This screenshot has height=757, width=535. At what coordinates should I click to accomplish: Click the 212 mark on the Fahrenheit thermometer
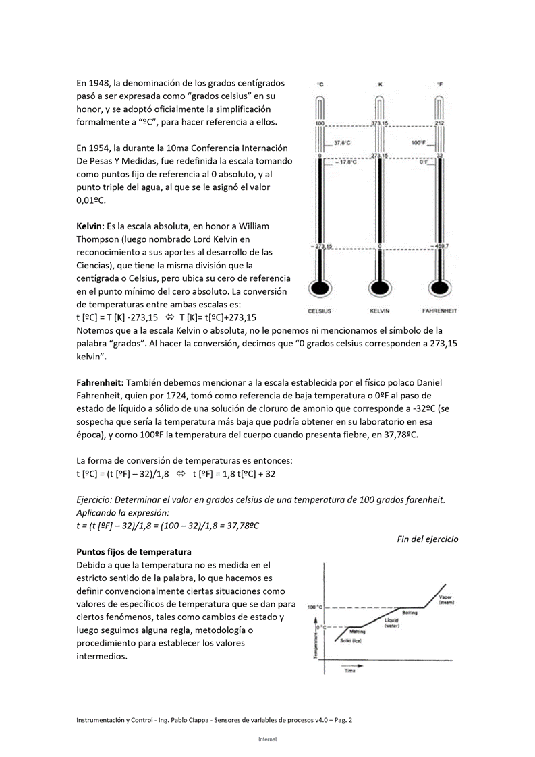coord(439,124)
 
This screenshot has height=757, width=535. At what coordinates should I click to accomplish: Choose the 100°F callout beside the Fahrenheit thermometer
coord(418,143)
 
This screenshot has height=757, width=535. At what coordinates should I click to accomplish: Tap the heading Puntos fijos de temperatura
coord(134,551)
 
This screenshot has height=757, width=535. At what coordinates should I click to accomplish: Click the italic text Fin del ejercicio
coord(427,539)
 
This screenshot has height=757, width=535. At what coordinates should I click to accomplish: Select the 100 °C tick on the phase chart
coord(316,607)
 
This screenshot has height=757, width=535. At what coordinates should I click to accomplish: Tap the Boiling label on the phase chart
coord(410,613)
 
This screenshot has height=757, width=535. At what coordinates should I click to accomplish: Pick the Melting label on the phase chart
coord(358,632)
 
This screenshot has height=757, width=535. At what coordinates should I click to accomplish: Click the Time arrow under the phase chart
coord(353,667)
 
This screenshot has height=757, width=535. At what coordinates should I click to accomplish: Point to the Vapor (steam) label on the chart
coord(445,599)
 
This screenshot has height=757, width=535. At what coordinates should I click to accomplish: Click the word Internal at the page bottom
coord(267,739)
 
